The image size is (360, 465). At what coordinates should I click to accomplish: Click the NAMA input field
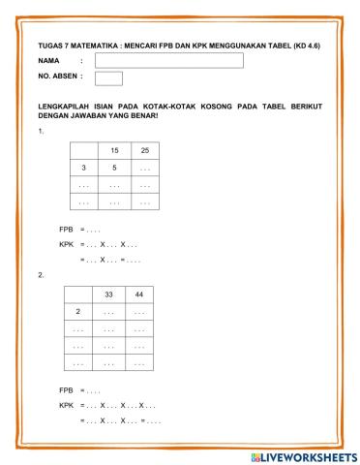coord(168,60)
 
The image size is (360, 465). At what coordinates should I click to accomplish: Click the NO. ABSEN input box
coord(108,77)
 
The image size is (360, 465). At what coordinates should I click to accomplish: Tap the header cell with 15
coord(115,150)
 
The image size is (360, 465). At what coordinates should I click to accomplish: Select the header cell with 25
coord(144,150)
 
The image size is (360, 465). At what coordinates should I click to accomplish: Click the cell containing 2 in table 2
coord(77,311)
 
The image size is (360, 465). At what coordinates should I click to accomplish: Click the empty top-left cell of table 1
coord(85,150)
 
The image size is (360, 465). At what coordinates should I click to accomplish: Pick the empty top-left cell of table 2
coord(77,294)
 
